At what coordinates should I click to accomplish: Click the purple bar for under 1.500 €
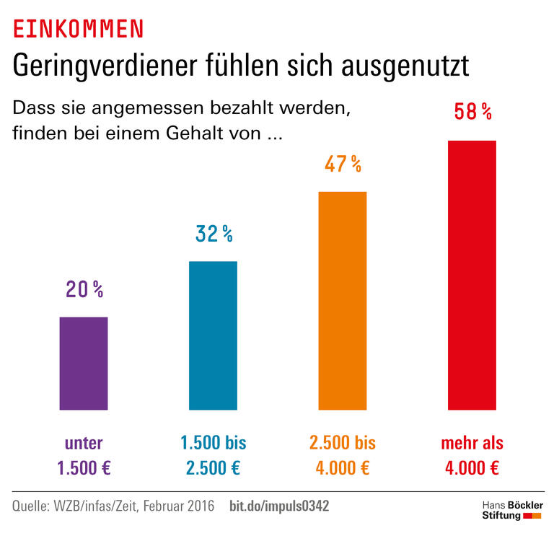tap(84, 363)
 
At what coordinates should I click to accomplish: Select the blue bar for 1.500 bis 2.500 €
tap(213, 335)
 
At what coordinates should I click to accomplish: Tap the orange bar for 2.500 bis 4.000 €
tap(343, 300)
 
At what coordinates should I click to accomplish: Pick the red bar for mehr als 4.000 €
tap(472, 275)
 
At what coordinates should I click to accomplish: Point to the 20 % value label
tap(84, 290)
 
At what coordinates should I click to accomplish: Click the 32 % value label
tap(214, 234)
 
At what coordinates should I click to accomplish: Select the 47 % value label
tap(343, 164)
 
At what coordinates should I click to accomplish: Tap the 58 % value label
tap(472, 112)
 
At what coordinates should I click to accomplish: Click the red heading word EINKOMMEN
tap(79, 29)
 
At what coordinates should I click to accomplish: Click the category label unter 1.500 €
tap(84, 454)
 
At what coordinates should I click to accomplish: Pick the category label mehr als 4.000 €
tap(472, 454)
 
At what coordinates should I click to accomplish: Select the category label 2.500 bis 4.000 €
tap(343, 454)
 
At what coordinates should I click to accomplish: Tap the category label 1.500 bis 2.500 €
tap(213, 454)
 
